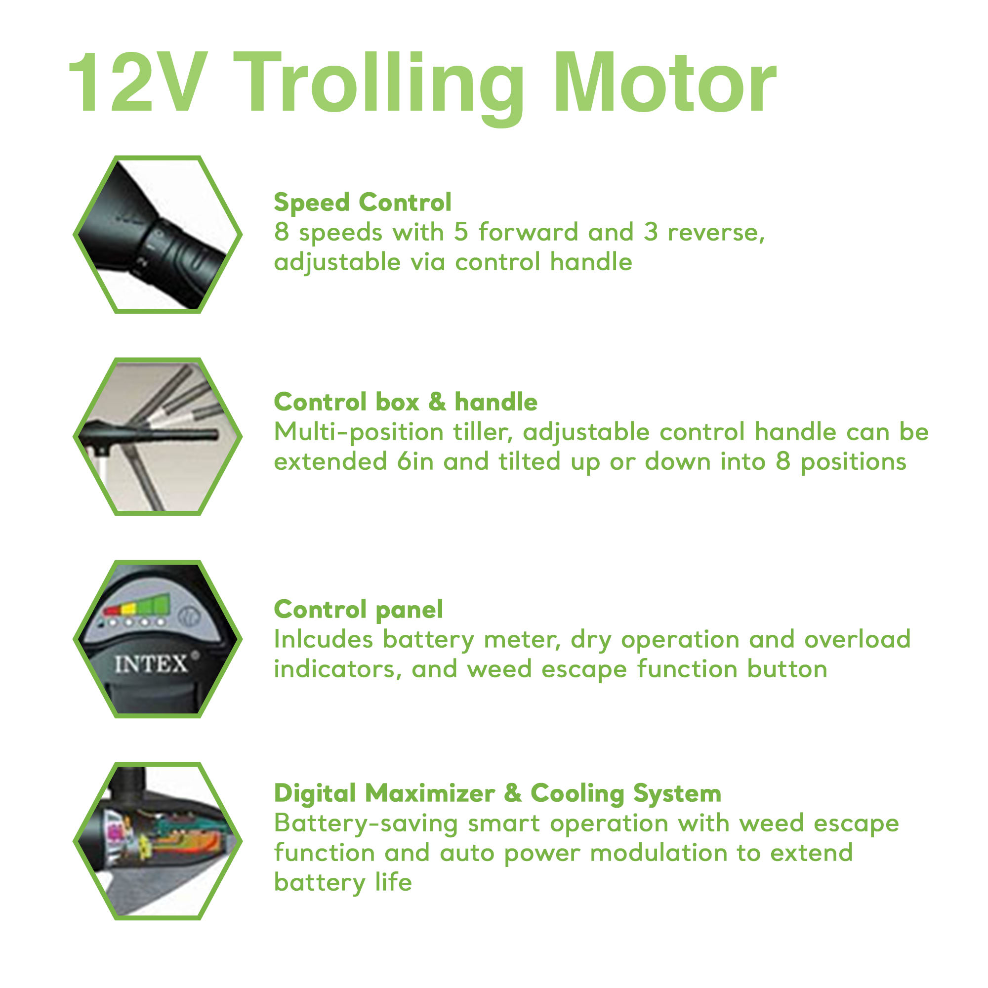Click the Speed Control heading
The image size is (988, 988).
pos(363,202)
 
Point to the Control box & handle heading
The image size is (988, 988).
pos(406,402)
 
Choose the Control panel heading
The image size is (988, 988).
pos(359,609)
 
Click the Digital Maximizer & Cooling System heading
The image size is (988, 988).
pos(497,793)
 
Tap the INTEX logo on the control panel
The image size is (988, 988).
pos(151,665)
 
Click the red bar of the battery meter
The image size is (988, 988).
pos(111,611)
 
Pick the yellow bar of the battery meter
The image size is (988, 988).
pos(128,609)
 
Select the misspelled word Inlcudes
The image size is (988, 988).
pos(323,639)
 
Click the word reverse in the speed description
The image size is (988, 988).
pos(716,232)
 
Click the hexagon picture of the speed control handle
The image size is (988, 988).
pos(158,235)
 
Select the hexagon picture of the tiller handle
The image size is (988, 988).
pos(158,436)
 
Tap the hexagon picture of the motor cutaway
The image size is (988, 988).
pos(158,841)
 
